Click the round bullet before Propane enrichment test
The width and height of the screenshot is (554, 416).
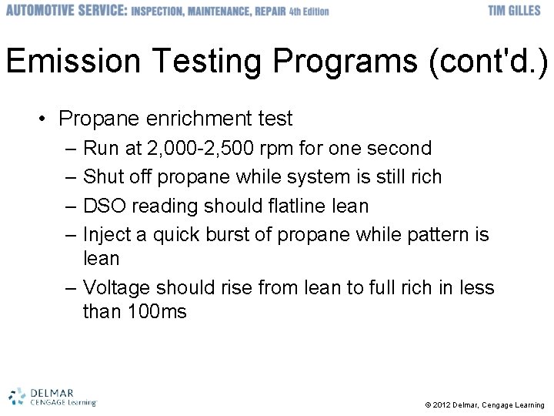[45, 119]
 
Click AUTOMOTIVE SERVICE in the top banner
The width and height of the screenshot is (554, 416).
[65, 11]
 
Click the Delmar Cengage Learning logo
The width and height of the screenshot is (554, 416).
[52, 396]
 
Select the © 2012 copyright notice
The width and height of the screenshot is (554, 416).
[484, 404]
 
